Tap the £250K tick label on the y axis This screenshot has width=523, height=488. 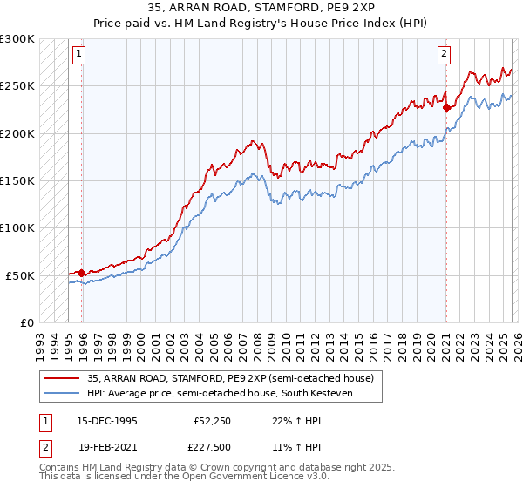coord(17,86)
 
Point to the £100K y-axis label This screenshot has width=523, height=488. coord(17,228)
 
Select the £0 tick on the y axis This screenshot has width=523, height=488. coord(26,322)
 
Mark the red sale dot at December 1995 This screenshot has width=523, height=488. coord(81,273)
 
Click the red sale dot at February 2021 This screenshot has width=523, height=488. coord(446,108)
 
